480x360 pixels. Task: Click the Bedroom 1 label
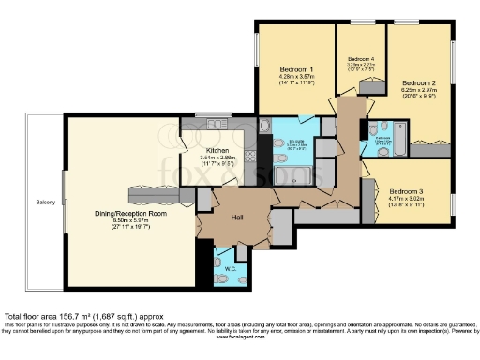point(295,70)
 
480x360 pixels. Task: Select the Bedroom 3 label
point(406,189)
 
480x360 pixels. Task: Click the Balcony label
point(45,202)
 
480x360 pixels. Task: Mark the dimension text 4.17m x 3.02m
point(406,198)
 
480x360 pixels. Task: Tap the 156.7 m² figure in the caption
point(79,316)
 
